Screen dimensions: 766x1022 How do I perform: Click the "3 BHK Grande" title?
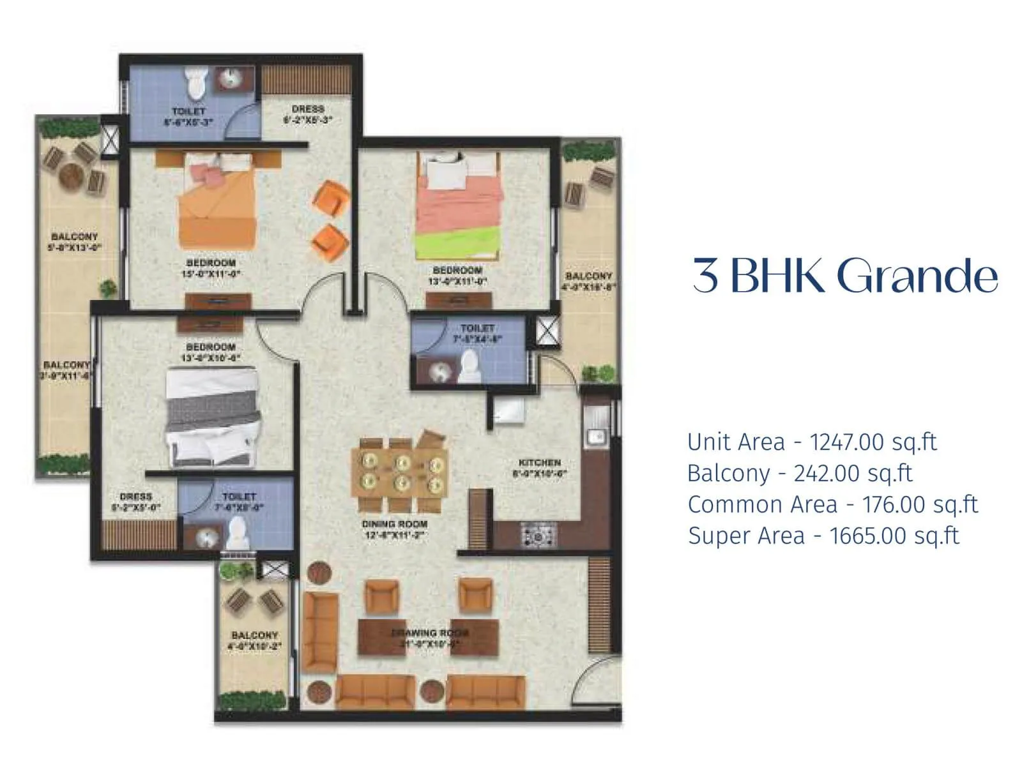click(844, 276)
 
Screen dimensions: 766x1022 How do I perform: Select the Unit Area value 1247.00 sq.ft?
click(873, 442)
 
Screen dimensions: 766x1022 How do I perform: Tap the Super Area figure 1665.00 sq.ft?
click(894, 536)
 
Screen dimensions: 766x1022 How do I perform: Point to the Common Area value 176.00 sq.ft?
click(920, 504)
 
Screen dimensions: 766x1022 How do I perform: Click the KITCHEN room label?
click(540, 462)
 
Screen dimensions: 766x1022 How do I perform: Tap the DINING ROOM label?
click(395, 524)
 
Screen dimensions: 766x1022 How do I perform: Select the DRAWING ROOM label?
click(429, 633)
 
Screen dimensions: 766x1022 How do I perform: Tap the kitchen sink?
click(597, 437)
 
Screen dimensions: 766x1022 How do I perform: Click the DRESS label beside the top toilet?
click(308, 109)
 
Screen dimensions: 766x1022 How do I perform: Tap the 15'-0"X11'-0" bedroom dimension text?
click(211, 274)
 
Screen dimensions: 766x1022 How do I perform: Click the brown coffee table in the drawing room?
click(428, 636)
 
